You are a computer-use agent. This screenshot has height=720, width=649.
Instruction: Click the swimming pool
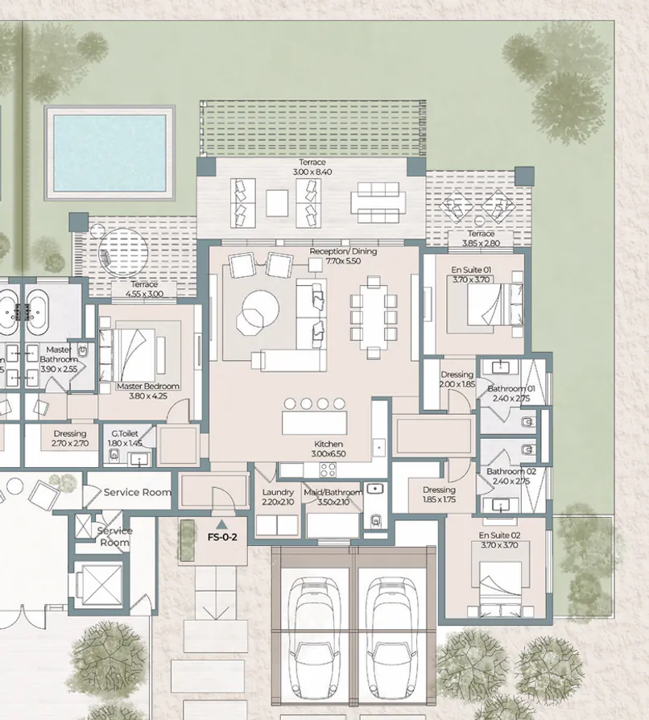(x=110, y=152)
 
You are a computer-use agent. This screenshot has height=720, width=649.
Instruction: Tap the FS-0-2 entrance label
(x=221, y=537)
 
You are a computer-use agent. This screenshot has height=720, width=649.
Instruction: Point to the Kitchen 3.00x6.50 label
(x=329, y=449)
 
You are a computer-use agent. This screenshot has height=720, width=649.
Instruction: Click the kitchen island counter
(x=319, y=423)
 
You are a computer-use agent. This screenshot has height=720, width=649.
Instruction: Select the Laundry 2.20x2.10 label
(x=279, y=497)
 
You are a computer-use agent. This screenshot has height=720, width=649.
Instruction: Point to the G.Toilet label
(x=125, y=437)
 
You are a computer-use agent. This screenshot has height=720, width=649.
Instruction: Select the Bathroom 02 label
(x=511, y=476)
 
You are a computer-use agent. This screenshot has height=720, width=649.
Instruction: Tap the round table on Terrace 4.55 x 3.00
(x=121, y=250)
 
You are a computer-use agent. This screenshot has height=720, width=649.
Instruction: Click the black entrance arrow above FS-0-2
(x=221, y=524)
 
